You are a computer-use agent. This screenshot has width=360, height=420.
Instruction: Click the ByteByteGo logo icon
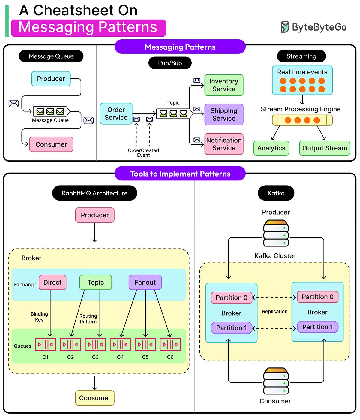(x=285, y=27)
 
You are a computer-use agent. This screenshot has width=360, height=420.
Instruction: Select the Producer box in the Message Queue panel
(x=51, y=79)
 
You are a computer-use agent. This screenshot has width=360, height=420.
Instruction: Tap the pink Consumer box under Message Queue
(x=51, y=144)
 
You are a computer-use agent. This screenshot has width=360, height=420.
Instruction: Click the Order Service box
(x=116, y=114)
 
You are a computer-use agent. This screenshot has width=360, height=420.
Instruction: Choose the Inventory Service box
(x=224, y=85)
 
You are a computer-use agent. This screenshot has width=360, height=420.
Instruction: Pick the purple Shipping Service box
(x=224, y=115)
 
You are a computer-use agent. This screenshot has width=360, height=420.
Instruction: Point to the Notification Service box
(x=224, y=144)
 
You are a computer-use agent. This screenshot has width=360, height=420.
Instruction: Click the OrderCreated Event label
(x=143, y=153)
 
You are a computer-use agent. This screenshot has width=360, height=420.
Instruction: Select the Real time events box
(x=302, y=80)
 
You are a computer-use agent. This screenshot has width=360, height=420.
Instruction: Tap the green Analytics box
(x=271, y=148)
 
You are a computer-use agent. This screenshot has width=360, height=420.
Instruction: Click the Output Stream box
(x=325, y=148)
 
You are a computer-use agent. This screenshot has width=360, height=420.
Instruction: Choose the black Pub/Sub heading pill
(x=170, y=63)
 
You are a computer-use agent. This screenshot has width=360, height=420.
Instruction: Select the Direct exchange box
(x=52, y=283)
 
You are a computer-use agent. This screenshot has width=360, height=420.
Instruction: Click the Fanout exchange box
(x=145, y=283)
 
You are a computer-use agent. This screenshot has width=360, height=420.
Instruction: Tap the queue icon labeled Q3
(x=95, y=345)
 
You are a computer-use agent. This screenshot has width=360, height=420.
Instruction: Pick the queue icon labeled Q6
(x=170, y=345)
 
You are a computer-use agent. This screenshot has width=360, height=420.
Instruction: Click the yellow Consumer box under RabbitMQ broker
(x=95, y=398)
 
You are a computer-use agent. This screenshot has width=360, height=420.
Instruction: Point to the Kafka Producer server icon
(x=276, y=233)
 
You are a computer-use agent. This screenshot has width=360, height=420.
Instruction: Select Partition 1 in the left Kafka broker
(x=232, y=328)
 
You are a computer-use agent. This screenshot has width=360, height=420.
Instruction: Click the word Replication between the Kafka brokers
(x=275, y=312)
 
